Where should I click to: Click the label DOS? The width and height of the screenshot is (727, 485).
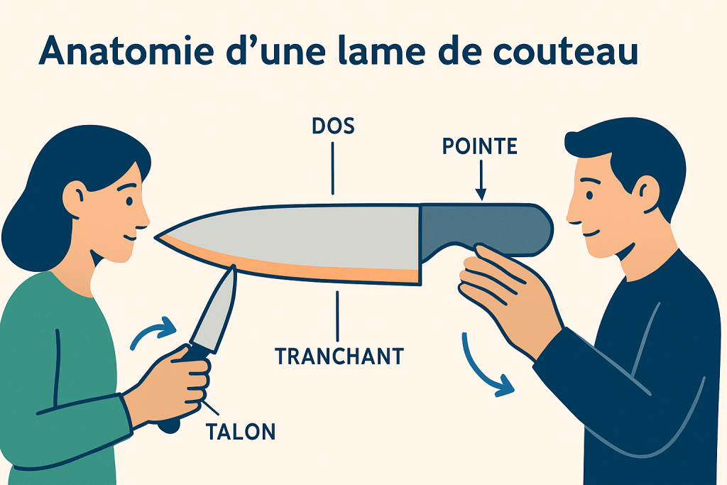(x=334, y=126)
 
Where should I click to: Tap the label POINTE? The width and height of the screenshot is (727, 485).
(x=479, y=146)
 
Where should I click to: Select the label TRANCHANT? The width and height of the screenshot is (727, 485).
(x=339, y=356)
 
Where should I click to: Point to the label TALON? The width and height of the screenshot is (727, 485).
(x=241, y=432)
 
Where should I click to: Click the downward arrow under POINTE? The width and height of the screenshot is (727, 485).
(x=481, y=180)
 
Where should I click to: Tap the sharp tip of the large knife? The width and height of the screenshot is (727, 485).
(x=155, y=237)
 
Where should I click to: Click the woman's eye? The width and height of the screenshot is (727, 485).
(x=129, y=202)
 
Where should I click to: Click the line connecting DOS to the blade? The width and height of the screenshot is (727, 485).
(x=332, y=168)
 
